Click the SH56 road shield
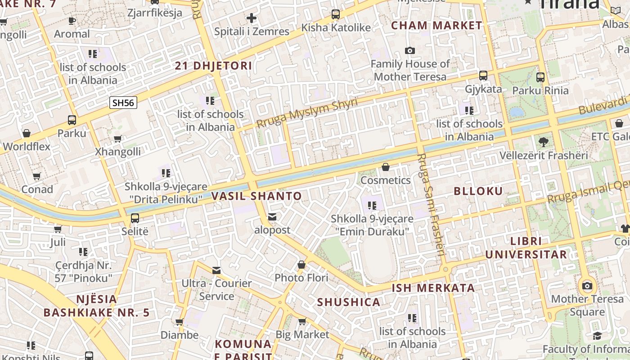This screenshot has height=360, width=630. (123, 103)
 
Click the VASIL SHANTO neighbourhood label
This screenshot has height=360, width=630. (256, 196)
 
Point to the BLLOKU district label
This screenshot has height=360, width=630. (478, 191)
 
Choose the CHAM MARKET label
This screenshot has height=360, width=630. (436, 26)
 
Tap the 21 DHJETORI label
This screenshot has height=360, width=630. (213, 66)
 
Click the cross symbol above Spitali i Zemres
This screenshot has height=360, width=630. (252, 18)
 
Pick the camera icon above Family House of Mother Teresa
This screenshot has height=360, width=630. (410, 50)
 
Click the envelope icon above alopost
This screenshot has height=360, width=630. (272, 217)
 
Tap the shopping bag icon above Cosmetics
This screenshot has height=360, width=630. (386, 167)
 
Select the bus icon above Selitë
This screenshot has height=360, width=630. (135, 218)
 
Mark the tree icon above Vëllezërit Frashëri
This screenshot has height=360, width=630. (544, 142)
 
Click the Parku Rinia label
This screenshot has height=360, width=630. (540, 90)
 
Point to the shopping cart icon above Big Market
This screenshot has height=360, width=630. (302, 321)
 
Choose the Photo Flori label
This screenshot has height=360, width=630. (301, 278)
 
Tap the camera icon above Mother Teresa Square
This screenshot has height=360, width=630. (587, 286)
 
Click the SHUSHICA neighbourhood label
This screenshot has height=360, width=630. (349, 302)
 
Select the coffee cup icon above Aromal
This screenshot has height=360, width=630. (72, 21)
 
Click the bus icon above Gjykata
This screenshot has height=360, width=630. (483, 75)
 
